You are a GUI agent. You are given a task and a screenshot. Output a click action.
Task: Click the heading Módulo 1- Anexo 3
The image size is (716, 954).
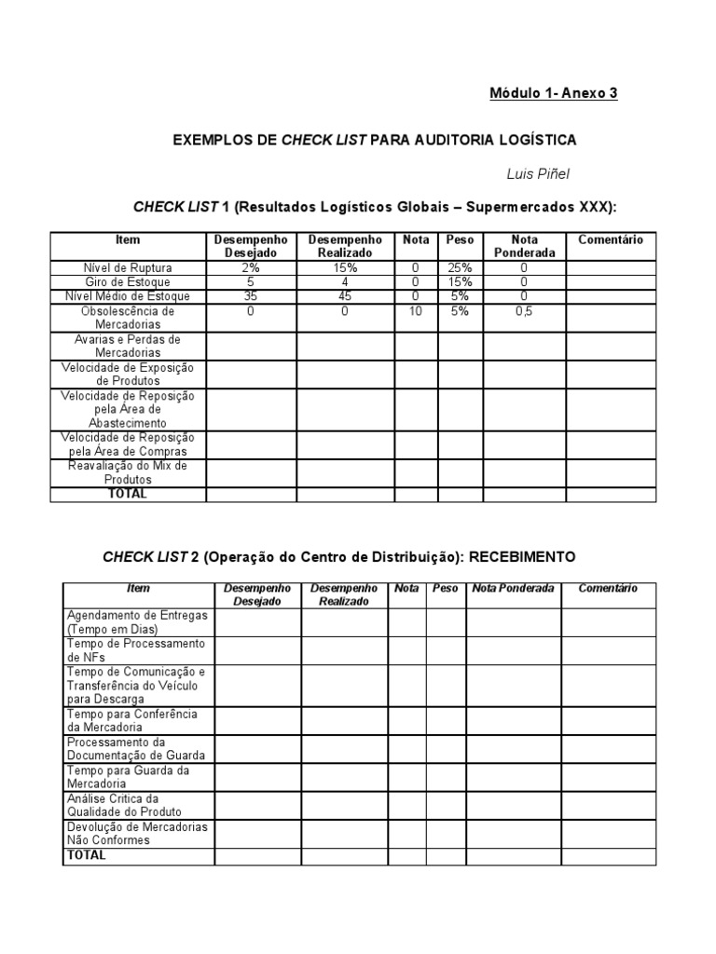tap(554, 93)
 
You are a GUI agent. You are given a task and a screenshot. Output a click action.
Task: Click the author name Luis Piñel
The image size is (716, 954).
tap(538, 175)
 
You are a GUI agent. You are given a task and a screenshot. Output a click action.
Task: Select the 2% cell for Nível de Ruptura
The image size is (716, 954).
tap(251, 267)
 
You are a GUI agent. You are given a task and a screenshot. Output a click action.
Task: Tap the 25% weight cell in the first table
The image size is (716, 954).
tap(460, 267)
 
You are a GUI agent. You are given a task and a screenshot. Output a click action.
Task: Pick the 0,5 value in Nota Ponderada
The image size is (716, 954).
tap(524, 311)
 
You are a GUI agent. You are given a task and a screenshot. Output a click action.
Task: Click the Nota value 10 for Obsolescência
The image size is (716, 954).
tap(416, 311)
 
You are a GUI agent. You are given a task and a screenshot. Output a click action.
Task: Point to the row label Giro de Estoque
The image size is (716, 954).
tap(128, 281)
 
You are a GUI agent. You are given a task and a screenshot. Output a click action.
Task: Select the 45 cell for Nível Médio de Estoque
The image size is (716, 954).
tap(345, 296)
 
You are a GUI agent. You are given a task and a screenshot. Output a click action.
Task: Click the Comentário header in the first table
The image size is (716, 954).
tap(611, 240)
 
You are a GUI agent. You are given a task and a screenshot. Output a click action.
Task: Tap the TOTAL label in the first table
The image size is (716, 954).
tap(128, 494)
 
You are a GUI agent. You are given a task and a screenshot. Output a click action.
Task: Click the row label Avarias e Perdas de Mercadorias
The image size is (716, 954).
tap(128, 346)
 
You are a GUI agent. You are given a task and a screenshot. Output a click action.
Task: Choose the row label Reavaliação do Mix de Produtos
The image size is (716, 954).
tap(128, 471)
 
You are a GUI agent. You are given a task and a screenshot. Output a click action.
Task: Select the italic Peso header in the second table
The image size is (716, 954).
tap(445, 589)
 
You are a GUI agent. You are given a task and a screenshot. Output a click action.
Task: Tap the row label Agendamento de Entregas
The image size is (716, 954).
tap(137, 622)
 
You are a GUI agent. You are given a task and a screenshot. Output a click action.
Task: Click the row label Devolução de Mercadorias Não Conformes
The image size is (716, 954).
tap(137, 833)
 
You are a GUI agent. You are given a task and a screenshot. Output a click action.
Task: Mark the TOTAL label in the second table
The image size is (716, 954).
tap(87, 855)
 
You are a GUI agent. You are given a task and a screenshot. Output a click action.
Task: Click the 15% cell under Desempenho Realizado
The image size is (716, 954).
tap(345, 267)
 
